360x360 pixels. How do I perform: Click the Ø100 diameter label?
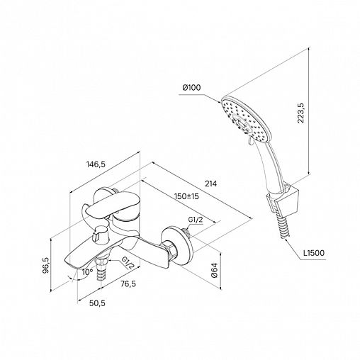click(x=191, y=88)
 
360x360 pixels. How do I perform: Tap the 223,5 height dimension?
click(x=301, y=113)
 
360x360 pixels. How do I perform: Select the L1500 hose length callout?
click(x=314, y=253)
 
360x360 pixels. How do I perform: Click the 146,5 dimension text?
click(x=96, y=164)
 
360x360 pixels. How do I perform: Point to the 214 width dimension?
click(x=210, y=184)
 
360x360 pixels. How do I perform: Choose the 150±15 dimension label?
click(x=186, y=196)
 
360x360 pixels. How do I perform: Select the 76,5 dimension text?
click(x=128, y=283)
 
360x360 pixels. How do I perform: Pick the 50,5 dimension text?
click(x=97, y=303)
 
